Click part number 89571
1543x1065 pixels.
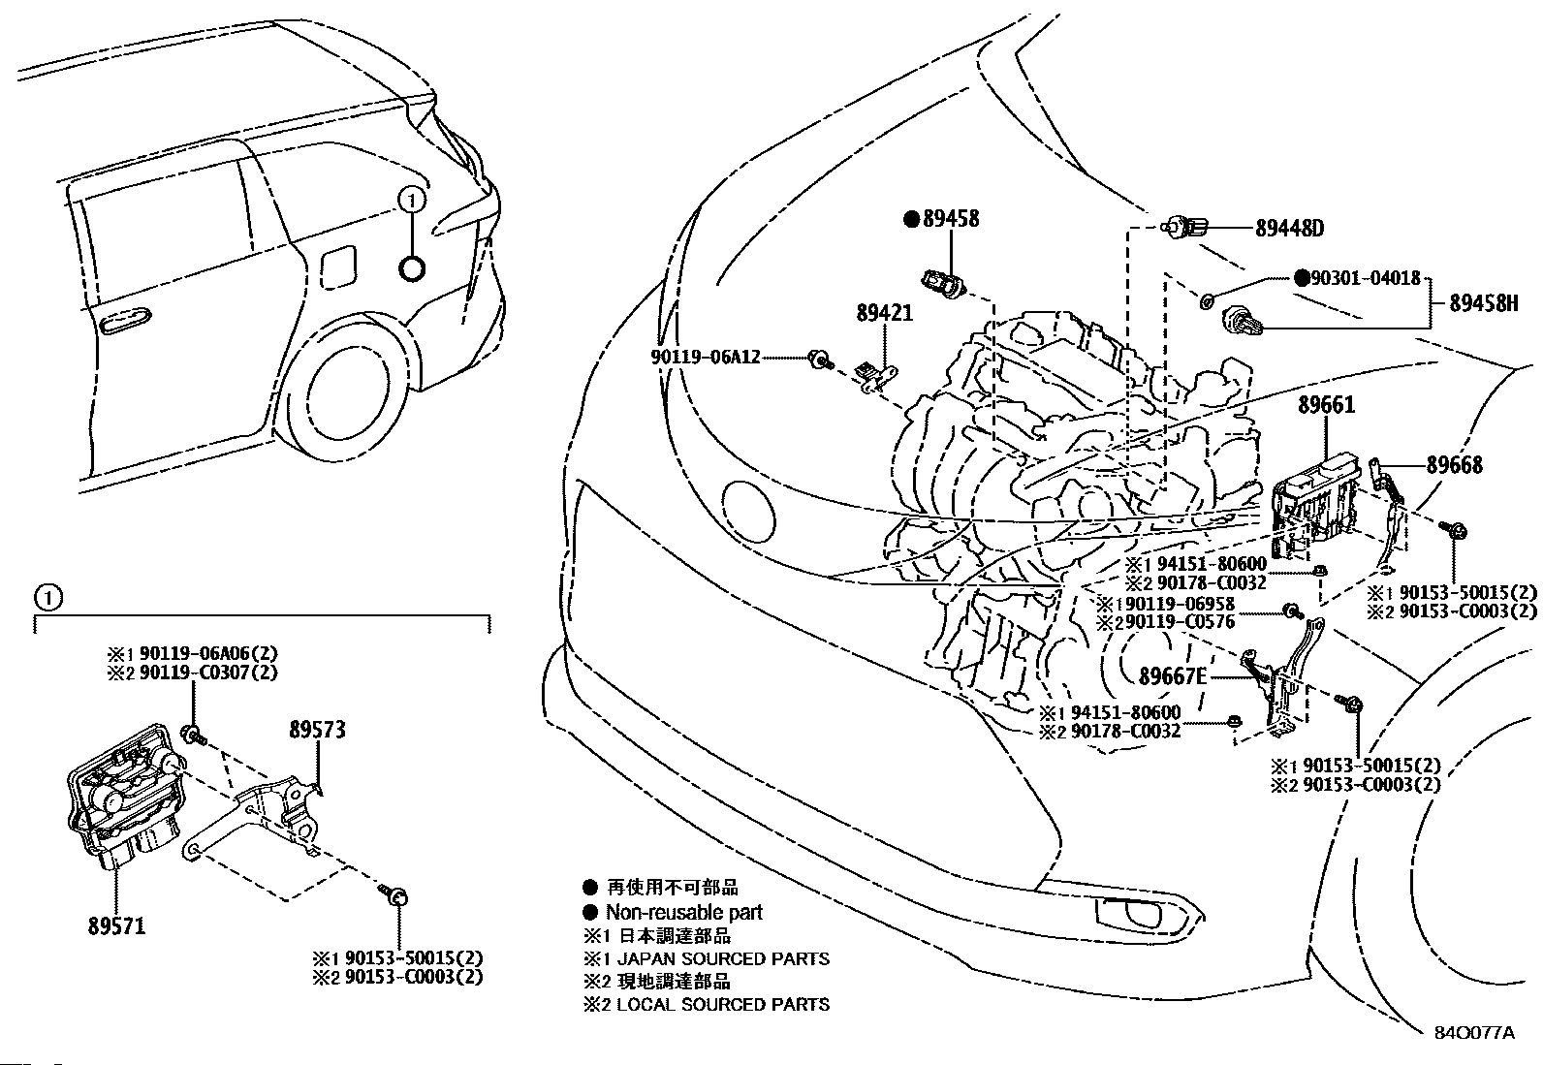pos(115,925)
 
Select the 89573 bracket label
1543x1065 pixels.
pos(316,729)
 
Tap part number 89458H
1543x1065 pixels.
pos(1483,303)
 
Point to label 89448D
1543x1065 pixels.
pos(1289,229)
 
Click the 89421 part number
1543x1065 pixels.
pos(883,313)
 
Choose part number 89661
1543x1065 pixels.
pos(1326,405)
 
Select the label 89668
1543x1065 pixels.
pos(1454,465)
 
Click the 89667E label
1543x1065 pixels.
pos(1173,675)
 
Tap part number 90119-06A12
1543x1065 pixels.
pos(705,359)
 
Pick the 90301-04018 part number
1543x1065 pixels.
pos(1366,279)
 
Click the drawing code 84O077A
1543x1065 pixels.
pos(1473,1032)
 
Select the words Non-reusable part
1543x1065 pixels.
pos(683,912)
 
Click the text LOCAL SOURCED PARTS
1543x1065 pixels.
pos(723,1005)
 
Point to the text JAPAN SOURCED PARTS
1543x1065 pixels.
pos(723,958)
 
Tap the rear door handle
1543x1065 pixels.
pos(123,319)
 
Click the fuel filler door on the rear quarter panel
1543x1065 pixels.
pos(338,266)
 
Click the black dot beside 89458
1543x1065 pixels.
pos(911,219)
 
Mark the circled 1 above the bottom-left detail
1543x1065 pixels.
pos(48,597)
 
